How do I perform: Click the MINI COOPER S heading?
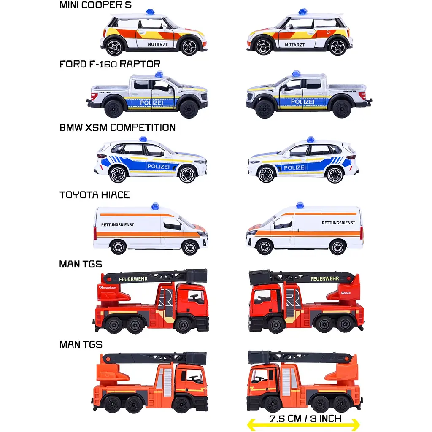pyautogui.click(x=95, y=5)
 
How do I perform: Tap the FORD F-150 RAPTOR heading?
pyautogui.click(x=110, y=64)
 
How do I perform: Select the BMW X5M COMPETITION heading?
pyautogui.click(x=117, y=127)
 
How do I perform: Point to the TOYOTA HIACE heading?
pyautogui.click(x=94, y=195)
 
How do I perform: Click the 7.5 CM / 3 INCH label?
pyautogui.click(x=305, y=419)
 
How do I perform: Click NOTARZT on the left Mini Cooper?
pyautogui.click(x=158, y=44)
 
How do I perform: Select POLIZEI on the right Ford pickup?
pyautogui.click(x=302, y=102)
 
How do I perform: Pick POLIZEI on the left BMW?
pyautogui.click(x=158, y=166)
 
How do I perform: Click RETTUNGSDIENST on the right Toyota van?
pyautogui.click(x=338, y=223)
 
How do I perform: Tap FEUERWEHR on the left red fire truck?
pyautogui.click(x=133, y=279)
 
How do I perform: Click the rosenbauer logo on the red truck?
pyautogui.click(x=108, y=288)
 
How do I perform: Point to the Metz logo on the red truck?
pyautogui.click(x=346, y=293)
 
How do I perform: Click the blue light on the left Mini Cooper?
pyautogui.click(x=150, y=11)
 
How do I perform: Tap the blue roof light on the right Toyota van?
pyautogui.click(x=300, y=205)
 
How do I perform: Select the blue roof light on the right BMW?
pyautogui.click(x=310, y=139)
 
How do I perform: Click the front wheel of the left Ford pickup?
pyautogui.click(x=189, y=109)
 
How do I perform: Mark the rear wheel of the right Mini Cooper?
pyautogui.click(x=337, y=47)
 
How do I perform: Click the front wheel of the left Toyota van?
pyautogui.click(x=190, y=247)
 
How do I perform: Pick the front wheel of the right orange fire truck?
pyautogui.click(x=273, y=404)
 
